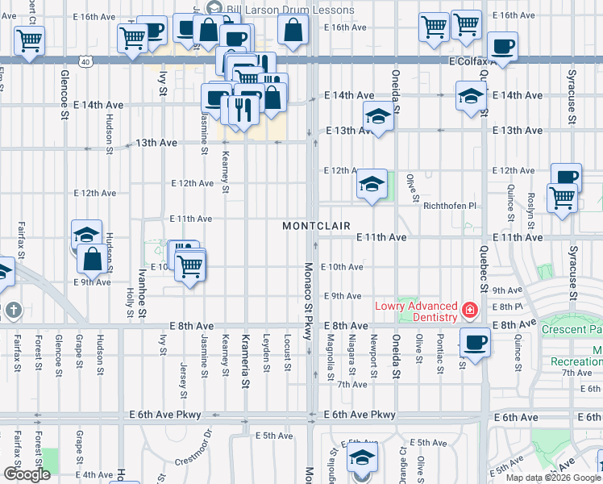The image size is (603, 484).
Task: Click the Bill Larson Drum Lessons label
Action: click(291, 10)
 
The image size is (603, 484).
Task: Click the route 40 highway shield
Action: click(86, 60)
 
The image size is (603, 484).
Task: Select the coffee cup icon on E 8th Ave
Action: click(476, 342)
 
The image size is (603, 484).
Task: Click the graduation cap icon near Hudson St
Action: click(86, 234)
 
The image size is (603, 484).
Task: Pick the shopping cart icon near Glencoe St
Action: click(29, 39)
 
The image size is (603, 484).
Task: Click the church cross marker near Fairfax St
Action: click(12, 310)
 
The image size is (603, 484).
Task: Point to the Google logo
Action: click(26, 474)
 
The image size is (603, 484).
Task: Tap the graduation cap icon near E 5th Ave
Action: click(362, 457)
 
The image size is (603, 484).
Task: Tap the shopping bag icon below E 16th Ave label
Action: click(292, 30)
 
